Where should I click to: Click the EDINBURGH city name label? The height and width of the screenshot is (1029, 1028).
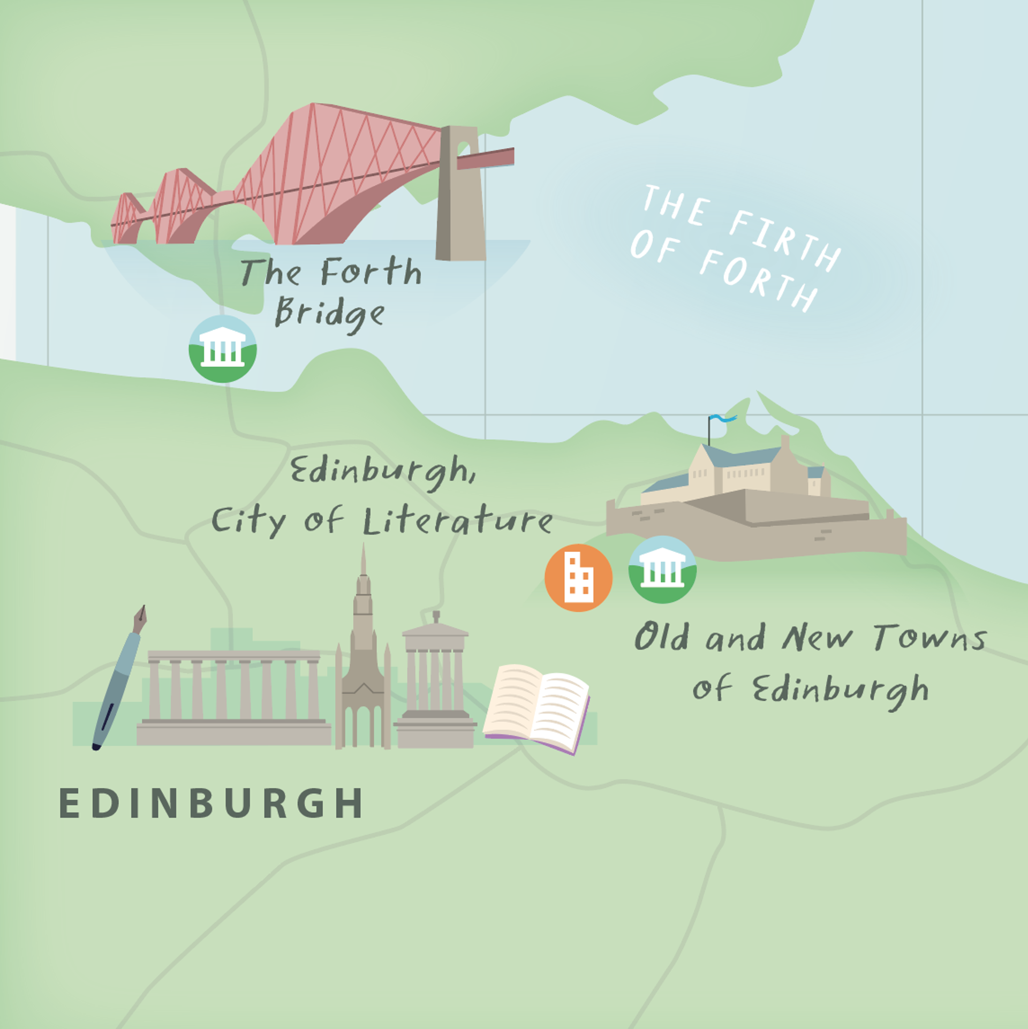click(211, 803)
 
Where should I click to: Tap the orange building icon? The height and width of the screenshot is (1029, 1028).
click(578, 578)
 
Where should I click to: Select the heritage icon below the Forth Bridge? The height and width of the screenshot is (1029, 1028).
click(223, 349)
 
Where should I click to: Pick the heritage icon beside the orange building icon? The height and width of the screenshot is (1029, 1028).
click(662, 570)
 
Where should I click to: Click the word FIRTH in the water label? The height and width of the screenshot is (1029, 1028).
click(784, 236)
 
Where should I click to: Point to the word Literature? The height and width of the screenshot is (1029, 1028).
click(458, 520)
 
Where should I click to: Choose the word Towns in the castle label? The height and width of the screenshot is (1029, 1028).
click(930, 638)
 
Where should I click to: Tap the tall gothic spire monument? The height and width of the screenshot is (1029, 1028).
click(363, 659)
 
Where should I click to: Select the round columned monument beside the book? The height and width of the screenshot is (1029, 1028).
click(435, 680)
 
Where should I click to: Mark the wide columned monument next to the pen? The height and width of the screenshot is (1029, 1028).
click(234, 696)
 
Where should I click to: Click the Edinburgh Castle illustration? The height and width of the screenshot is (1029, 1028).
click(755, 503)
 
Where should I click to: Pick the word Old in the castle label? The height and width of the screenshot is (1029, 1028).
click(662, 637)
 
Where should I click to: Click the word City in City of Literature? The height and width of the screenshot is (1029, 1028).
click(248, 520)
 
